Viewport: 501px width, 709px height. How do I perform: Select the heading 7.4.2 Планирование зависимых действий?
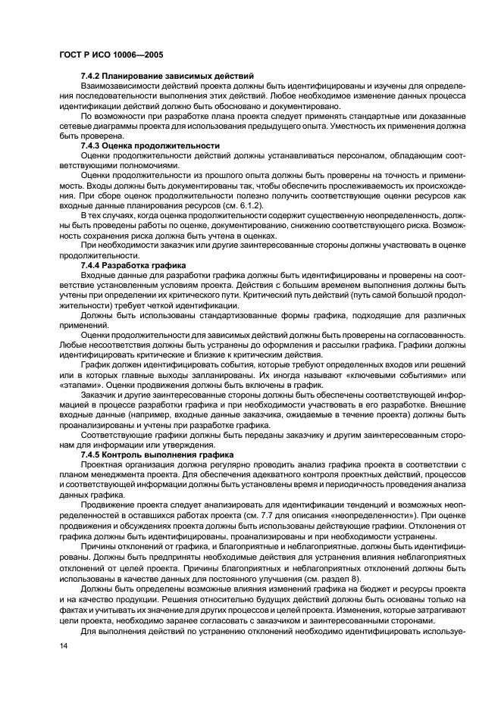(167, 76)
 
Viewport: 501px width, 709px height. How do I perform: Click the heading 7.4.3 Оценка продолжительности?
(150, 145)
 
